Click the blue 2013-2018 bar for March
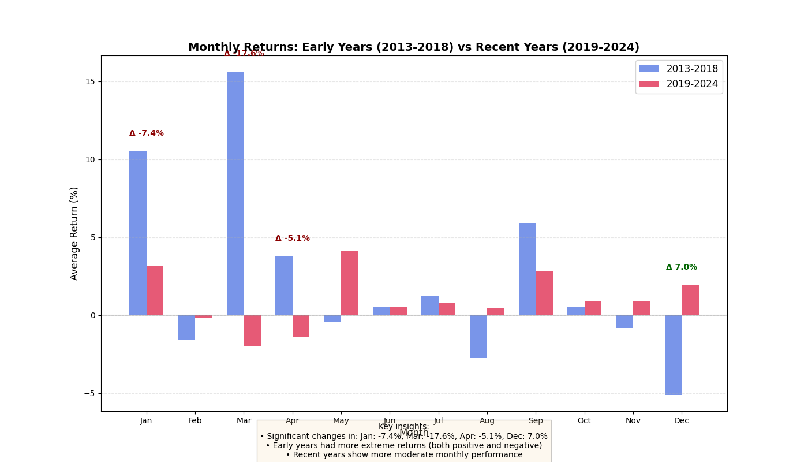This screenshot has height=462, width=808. (x=235, y=193)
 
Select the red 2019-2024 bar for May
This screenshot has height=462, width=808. (x=350, y=283)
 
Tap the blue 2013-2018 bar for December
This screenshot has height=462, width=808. (x=673, y=355)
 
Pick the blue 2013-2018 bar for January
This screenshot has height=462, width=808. (x=138, y=233)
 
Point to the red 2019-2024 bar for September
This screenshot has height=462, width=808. (x=544, y=293)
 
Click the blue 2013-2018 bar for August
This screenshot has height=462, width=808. (x=478, y=337)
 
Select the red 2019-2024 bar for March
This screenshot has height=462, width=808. (x=252, y=331)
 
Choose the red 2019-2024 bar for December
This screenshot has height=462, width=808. (x=690, y=300)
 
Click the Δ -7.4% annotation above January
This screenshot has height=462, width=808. (x=147, y=133)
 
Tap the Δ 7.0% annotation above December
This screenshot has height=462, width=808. (x=682, y=267)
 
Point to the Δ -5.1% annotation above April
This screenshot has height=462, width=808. (x=293, y=239)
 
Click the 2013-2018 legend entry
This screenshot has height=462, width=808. (x=679, y=69)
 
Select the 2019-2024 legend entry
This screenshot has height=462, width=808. (x=679, y=84)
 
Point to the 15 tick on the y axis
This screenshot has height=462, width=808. (x=91, y=81)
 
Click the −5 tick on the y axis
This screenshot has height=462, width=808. (x=89, y=394)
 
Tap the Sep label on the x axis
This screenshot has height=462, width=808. (x=536, y=421)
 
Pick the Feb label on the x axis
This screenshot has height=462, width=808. (x=195, y=421)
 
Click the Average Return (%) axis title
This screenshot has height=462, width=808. (x=74, y=233)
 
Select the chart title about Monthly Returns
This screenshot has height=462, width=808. (x=414, y=47)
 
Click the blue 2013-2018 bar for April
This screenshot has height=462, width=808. (x=284, y=286)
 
